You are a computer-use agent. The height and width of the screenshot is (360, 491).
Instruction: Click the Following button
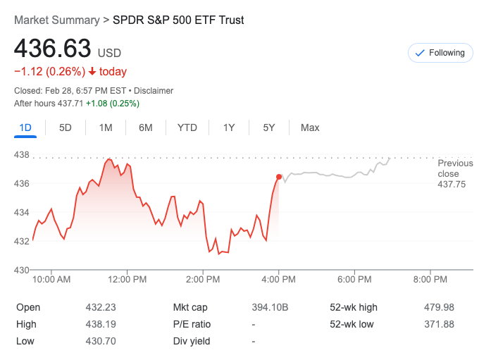pyautogui.click(x=440, y=53)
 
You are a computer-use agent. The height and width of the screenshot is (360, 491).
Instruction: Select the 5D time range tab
pyautogui.click(x=66, y=128)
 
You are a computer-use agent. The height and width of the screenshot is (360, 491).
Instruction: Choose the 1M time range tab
pyautogui.click(x=106, y=128)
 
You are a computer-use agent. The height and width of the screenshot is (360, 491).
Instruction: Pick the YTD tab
pyautogui.click(x=187, y=128)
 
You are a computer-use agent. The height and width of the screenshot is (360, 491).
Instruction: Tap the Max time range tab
pyautogui.click(x=310, y=128)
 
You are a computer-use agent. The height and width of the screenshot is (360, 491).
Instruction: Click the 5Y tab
pyautogui.click(x=269, y=128)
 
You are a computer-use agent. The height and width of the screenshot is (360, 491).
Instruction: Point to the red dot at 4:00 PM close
pyautogui.click(x=280, y=177)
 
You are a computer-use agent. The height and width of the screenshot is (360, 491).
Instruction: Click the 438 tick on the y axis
pyautogui.click(x=23, y=155)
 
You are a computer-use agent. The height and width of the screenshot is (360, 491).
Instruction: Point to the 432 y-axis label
pyautogui.click(x=23, y=241)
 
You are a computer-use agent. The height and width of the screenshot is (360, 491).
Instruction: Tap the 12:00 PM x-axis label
pyautogui.click(x=128, y=280)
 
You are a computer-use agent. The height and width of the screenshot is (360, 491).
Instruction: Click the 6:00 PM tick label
pyautogui.click(x=354, y=280)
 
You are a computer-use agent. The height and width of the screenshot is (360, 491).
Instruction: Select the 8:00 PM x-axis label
pyautogui.click(x=430, y=280)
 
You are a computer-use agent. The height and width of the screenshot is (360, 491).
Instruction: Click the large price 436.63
pyautogui.click(x=53, y=49)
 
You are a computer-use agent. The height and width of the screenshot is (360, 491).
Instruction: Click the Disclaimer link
pyautogui.click(x=154, y=91)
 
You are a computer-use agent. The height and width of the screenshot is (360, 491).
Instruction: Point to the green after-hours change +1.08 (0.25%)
pyautogui.click(x=113, y=104)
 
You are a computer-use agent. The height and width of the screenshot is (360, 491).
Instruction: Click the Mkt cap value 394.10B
pyautogui.click(x=270, y=307)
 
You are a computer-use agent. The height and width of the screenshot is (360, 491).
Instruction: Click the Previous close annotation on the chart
pyautogui.click(x=454, y=173)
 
